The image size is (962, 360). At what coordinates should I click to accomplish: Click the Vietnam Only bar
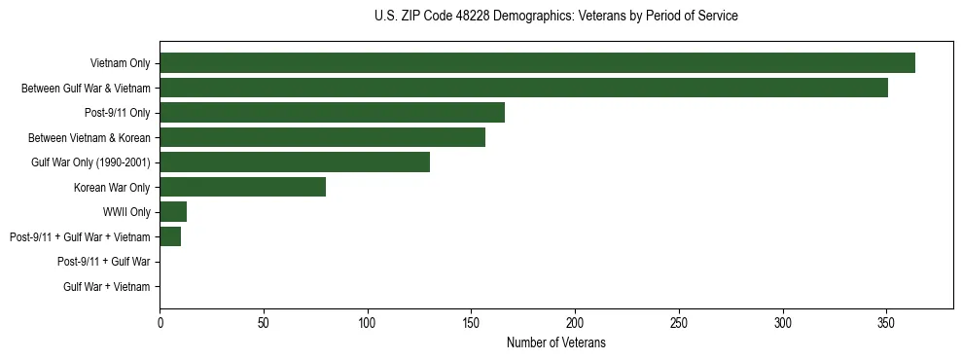pos(537,62)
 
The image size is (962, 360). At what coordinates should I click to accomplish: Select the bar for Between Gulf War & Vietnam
pos(523,88)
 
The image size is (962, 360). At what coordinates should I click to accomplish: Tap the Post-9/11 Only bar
pos(332,112)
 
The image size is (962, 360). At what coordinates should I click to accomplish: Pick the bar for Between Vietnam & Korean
pos(322,137)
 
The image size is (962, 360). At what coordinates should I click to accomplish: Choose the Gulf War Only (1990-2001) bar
pos(295,162)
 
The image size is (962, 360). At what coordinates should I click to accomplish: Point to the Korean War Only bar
pos(242,187)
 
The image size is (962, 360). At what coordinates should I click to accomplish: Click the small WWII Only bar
pos(173,212)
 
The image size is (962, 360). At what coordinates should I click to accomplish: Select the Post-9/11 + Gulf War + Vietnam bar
pos(170,236)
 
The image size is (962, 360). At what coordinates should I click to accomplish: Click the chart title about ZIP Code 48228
pos(555,17)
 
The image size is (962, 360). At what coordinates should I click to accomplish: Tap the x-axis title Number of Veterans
pos(555,342)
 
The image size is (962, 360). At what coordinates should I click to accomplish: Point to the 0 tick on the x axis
pos(160,322)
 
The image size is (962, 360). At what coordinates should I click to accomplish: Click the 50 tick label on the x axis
pos(264,322)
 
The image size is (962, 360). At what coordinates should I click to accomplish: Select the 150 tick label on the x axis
pos(471,322)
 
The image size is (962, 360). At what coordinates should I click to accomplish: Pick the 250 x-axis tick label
pos(679,322)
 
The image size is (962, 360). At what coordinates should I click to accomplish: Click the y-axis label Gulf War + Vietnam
pos(107,287)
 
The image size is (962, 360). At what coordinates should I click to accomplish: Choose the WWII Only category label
pos(126,212)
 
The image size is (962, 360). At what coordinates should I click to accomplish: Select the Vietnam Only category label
pos(120,63)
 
